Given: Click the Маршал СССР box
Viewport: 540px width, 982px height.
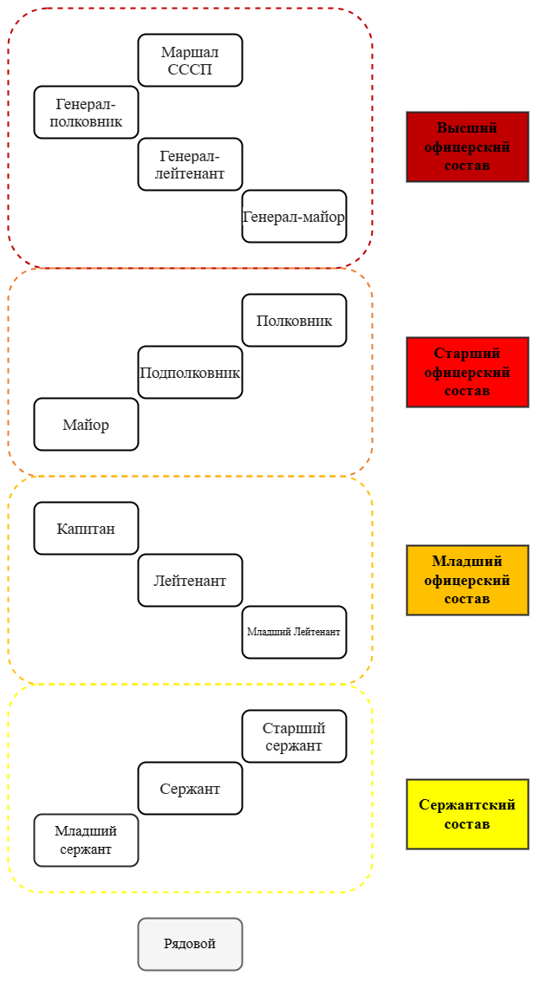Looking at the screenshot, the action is [x=190, y=60].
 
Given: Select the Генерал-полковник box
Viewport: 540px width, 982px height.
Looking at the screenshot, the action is [x=86, y=112].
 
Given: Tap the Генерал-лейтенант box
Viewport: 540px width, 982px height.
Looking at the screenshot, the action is [x=190, y=164].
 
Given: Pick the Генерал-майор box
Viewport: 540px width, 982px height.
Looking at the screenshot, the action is [x=294, y=216].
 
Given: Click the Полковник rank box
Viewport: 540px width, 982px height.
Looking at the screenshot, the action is [x=294, y=320].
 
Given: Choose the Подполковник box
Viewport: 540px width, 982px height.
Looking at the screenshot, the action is [x=190, y=372].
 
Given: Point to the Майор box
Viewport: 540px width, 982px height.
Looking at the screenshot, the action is [x=86, y=424].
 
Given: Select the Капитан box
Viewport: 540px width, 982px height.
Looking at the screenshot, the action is [x=86, y=528].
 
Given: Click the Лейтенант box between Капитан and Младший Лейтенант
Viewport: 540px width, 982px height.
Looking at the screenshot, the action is [x=190, y=580].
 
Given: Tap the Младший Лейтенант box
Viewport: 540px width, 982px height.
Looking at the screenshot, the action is [x=294, y=632].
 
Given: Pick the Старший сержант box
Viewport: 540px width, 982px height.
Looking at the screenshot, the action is [x=294, y=736].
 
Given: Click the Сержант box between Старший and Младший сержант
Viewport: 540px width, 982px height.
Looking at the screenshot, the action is [x=190, y=788].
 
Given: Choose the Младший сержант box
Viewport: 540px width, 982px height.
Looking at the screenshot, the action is [x=86, y=840].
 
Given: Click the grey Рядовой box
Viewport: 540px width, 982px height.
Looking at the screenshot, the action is [x=190, y=944].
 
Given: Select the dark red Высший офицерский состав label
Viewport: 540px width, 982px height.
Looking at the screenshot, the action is [x=467, y=146].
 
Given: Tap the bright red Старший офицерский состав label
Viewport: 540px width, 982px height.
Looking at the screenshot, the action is [x=467, y=372].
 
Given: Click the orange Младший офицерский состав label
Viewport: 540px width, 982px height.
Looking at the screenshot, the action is [x=467, y=580].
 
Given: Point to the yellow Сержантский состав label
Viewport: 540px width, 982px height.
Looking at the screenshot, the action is [x=467, y=814].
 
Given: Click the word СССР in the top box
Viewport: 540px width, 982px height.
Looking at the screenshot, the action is [x=190, y=68].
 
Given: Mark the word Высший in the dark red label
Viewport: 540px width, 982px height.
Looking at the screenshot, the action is [x=467, y=127].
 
